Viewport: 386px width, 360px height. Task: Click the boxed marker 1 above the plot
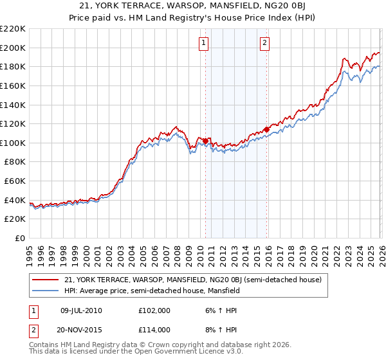(203, 43)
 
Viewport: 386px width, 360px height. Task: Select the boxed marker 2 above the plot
(264, 43)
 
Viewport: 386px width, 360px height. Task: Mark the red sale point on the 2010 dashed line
(205, 141)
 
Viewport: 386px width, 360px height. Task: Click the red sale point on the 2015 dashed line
(266, 129)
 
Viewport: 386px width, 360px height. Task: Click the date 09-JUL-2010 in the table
(81, 310)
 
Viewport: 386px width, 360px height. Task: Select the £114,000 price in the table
(154, 329)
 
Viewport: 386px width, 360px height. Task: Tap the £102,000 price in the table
(154, 310)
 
